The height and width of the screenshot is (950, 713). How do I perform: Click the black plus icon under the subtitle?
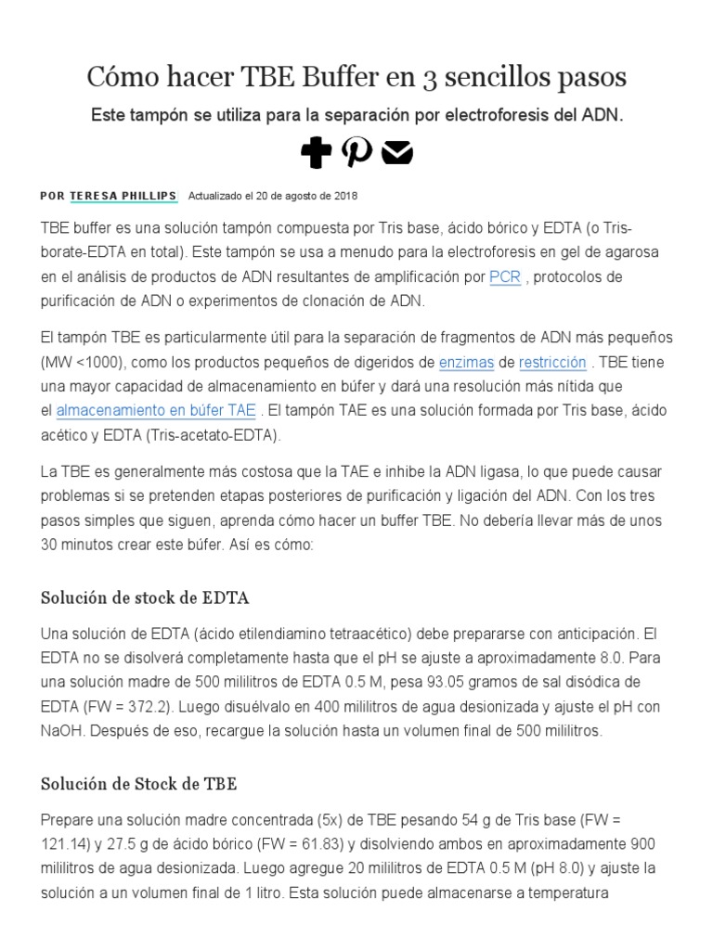316,153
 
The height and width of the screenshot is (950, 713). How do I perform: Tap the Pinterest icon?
356,152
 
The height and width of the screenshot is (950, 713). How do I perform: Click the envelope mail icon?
397,153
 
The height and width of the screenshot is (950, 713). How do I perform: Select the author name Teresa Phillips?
123,196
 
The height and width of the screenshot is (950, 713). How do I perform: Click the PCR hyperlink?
505,276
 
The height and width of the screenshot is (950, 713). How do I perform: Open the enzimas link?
466,362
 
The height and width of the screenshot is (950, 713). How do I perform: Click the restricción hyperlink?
552,362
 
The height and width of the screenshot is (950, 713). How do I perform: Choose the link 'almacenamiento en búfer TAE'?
156,410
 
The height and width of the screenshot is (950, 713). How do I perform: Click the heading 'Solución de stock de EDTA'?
145,597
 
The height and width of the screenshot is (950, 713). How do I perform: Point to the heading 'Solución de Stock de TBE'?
139,783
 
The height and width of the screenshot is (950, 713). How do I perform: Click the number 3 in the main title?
429,76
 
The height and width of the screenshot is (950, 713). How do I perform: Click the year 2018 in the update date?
345,197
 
